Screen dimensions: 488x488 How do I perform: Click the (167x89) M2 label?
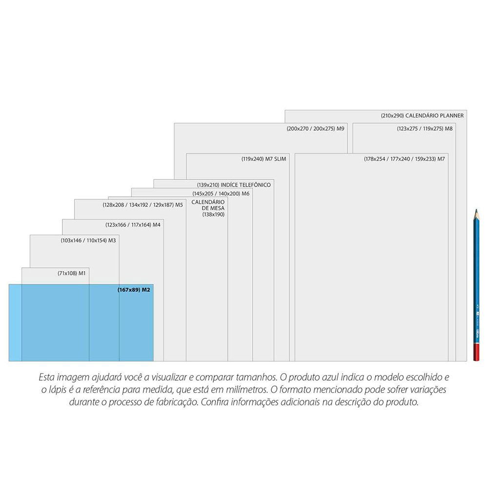pyautogui.click(x=133, y=290)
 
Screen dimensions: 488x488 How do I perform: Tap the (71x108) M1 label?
pyautogui.click(x=72, y=273)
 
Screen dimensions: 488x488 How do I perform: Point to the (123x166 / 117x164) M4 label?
pyautogui.click(x=133, y=225)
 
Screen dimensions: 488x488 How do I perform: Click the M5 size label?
pyautogui.click(x=142, y=205)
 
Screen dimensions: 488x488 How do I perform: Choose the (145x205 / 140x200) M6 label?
pyautogui.click(x=221, y=194)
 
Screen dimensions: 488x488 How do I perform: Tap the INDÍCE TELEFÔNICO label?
pyautogui.click(x=234, y=185)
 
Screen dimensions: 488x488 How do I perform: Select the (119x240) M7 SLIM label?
pyautogui.click(x=263, y=159)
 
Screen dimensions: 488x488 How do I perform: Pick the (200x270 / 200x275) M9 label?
pyautogui.click(x=315, y=129)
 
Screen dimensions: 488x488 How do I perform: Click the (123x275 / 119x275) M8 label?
pyautogui.click(x=424, y=129)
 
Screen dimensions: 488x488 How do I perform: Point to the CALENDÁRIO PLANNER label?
pyautogui.click(x=422, y=116)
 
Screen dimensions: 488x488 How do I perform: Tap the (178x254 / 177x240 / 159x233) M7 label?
pyautogui.click(x=404, y=159)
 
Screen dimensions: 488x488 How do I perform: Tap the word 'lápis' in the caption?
pyautogui.click(x=57, y=390)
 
